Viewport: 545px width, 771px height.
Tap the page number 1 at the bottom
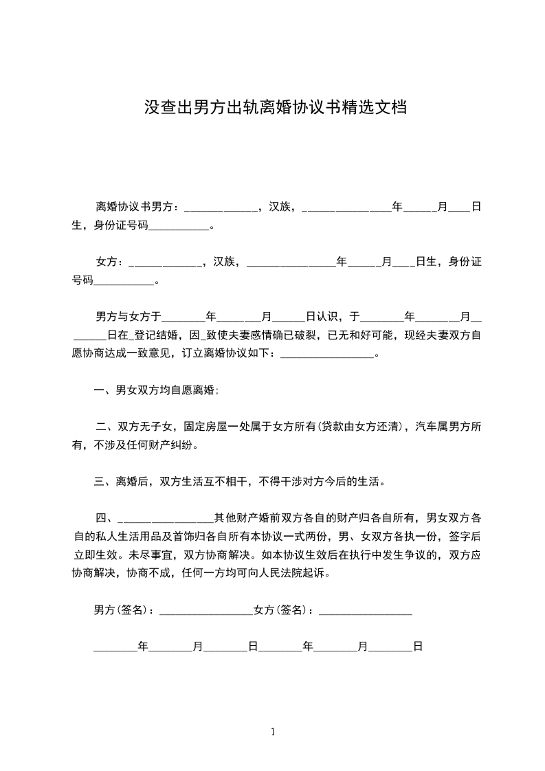tap(273, 732)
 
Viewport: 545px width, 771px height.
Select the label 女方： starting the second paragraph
tap(111, 262)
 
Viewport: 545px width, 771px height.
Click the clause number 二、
tap(107, 427)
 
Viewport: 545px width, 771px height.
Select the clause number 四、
tap(107, 517)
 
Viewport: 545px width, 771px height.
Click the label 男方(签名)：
tap(124, 610)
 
